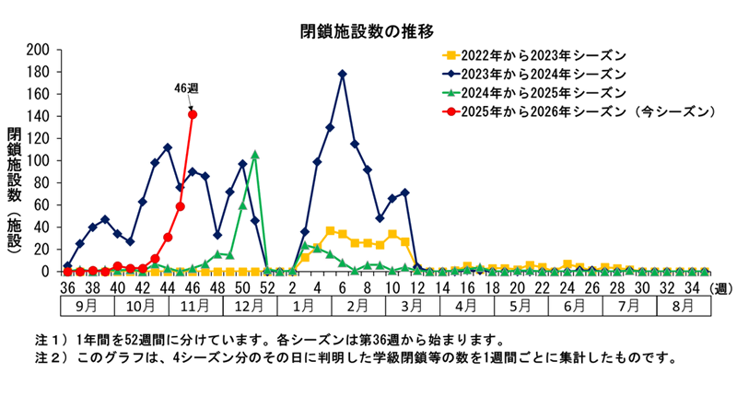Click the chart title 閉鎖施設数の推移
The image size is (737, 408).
pyautogui.click(x=367, y=31)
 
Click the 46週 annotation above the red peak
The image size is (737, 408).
pyautogui.click(x=187, y=88)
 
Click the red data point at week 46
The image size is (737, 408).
pyautogui.click(x=193, y=114)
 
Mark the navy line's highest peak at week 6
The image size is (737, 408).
pyautogui.click(x=343, y=74)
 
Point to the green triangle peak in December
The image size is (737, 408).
pyautogui.click(x=254, y=155)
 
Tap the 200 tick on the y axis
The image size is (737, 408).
pyautogui.click(x=39, y=50)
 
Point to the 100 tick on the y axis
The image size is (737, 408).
pyautogui.click(x=39, y=161)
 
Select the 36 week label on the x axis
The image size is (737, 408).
pyautogui.click(x=67, y=287)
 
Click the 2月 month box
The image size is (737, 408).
pyautogui.click(x=355, y=306)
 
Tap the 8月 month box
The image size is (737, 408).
pyautogui.click(x=683, y=306)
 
